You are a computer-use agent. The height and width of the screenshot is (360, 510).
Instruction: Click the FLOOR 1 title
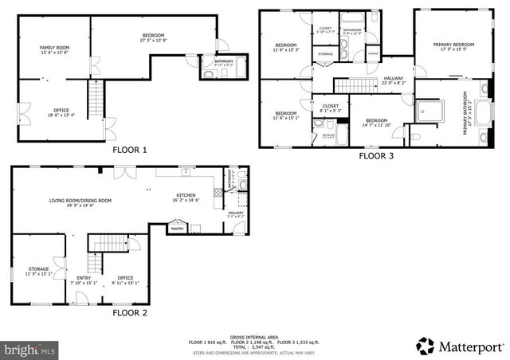pos(129,150)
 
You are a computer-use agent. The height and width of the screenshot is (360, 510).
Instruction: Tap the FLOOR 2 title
pos(129,313)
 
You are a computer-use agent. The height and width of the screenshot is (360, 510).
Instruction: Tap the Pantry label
pos(177,229)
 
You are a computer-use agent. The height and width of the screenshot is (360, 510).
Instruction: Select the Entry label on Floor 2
pos(84,279)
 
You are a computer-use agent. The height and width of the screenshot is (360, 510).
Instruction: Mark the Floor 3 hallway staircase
pos(348,86)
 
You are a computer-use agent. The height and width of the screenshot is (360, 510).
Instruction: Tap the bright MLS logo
pos(30,349)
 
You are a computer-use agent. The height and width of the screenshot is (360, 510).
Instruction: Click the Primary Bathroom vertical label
pos(467,113)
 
